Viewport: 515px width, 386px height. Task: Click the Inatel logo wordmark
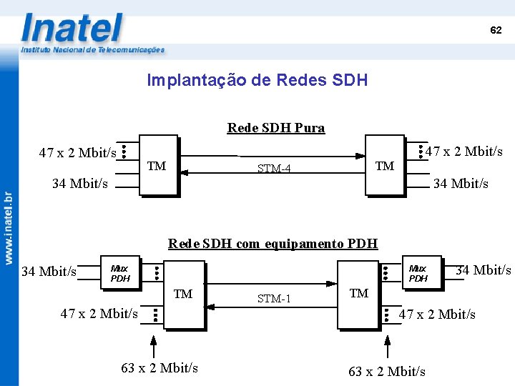pyautogui.click(x=72, y=29)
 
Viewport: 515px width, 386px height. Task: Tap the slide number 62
pyautogui.click(x=496, y=30)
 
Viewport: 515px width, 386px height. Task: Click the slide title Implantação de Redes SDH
pyautogui.click(x=257, y=80)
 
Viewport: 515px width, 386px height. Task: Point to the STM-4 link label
pyautogui.click(x=274, y=169)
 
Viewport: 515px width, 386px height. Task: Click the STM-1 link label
pyautogui.click(x=274, y=298)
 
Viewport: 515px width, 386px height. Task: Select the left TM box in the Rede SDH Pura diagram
pyautogui.click(x=157, y=165)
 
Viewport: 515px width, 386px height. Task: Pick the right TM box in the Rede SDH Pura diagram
pyautogui.click(x=385, y=165)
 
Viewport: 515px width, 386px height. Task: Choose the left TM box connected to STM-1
pyautogui.click(x=183, y=294)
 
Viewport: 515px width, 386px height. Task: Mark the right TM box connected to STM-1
pyautogui.click(x=358, y=294)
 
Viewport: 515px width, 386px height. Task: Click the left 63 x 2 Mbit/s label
pyautogui.click(x=160, y=368)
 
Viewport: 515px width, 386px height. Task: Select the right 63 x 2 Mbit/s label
pyautogui.click(x=387, y=371)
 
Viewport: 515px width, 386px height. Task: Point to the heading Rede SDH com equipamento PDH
pyautogui.click(x=273, y=243)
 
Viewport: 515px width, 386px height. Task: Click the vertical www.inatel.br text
pyautogui.click(x=9, y=227)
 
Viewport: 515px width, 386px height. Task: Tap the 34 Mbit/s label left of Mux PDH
pyautogui.click(x=49, y=272)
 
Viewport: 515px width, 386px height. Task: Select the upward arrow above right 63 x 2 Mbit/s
pyautogui.click(x=388, y=347)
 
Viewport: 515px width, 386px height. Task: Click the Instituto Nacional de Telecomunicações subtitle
pyautogui.click(x=92, y=50)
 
